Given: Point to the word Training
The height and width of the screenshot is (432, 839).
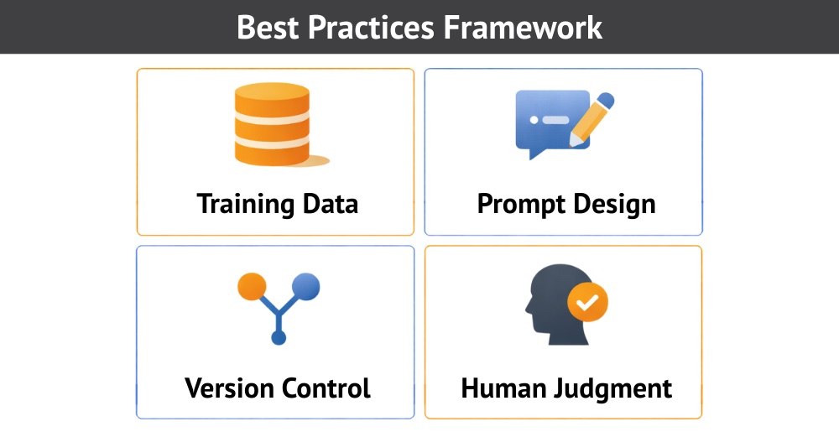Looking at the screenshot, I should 246,204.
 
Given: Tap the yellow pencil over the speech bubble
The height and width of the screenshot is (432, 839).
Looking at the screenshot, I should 591,121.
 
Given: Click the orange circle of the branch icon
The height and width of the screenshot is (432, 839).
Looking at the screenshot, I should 252,286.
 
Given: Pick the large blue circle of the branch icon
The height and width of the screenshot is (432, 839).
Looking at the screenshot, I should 306,286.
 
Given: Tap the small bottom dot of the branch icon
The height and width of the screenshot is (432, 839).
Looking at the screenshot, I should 279,337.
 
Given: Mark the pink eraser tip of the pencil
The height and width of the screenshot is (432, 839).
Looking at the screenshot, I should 607,101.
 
